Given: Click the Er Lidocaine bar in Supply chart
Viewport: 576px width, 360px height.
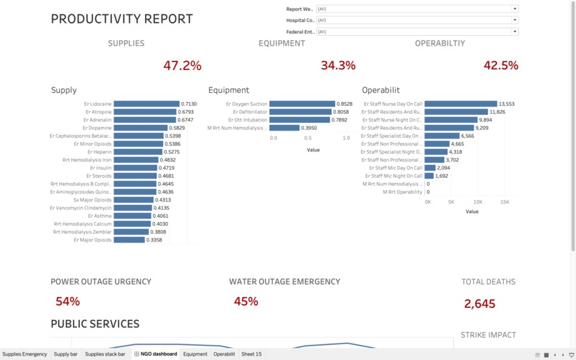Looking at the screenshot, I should click(146, 104).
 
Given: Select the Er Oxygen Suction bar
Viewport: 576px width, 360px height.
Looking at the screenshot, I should click(302, 104).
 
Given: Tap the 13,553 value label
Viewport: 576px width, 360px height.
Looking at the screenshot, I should click(507, 104).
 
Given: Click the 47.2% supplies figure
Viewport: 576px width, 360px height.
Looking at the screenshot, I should click(182, 66).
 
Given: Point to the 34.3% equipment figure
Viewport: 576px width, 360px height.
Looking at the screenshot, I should click(338, 66).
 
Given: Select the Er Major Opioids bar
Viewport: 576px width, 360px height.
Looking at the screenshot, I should click(129, 240).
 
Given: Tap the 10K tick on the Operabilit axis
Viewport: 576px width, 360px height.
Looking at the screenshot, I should click(479, 202).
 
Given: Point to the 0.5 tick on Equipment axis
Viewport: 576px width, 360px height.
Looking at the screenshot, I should click(308, 138).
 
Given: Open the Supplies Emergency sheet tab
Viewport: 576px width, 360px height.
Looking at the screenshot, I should click(25, 354).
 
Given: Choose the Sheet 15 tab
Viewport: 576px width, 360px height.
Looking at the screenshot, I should click(252, 354).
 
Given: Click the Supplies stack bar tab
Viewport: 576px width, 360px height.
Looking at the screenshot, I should click(105, 354).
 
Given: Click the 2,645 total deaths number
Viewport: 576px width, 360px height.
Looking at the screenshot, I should click(480, 304).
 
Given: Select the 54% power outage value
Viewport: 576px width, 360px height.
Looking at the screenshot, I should click(67, 301).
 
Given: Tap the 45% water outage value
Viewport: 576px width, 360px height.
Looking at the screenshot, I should click(246, 301).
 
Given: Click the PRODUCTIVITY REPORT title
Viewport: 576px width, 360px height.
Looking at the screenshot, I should click(121, 19).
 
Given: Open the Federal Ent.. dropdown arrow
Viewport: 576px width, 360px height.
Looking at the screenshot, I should click(515, 31).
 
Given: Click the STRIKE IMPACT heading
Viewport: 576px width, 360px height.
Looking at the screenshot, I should click(488, 335).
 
